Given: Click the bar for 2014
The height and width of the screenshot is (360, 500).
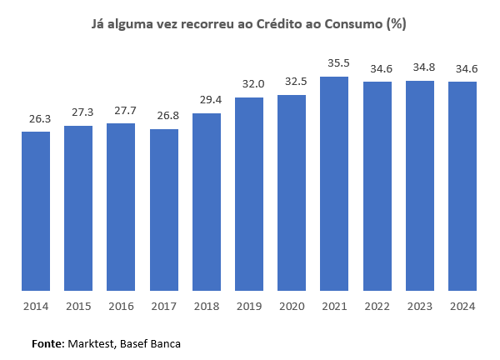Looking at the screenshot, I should (36, 211).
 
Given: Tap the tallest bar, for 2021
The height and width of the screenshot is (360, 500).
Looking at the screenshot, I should (335, 183).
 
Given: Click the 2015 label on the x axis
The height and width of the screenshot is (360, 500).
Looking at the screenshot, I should (78, 307).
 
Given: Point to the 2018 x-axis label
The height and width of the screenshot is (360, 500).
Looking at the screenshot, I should (207, 307).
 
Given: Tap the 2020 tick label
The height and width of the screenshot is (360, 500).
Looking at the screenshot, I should (292, 307).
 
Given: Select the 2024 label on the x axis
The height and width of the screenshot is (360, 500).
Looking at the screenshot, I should (462, 307).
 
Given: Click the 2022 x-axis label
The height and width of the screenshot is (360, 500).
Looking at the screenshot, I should (377, 307).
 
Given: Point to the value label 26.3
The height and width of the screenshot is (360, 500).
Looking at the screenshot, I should (36, 117).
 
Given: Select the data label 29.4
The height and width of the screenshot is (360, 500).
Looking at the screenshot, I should (207, 99).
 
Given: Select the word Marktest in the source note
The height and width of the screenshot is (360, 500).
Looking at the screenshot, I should (92, 343).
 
